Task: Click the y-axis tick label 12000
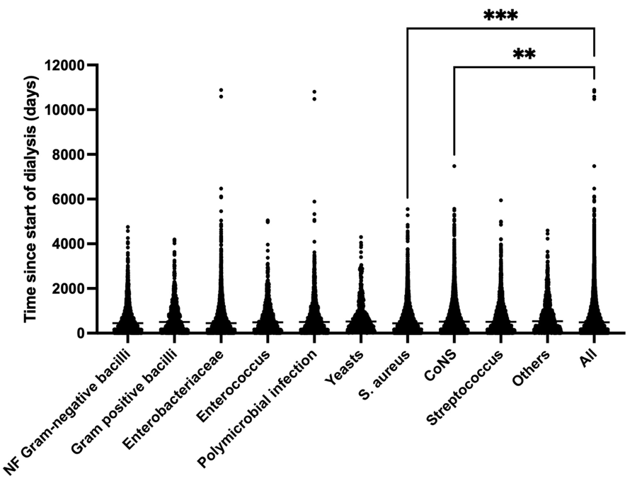(62, 66)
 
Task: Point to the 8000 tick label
(67, 154)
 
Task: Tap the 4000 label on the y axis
(67, 244)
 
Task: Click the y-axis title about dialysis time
(31, 198)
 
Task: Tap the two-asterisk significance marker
(524, 55)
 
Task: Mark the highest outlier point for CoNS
(454, 166)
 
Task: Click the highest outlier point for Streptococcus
(500, 200)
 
